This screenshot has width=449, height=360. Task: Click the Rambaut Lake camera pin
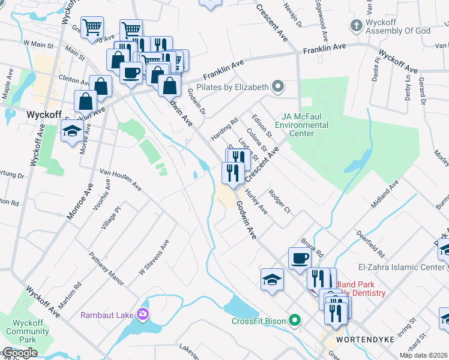143,314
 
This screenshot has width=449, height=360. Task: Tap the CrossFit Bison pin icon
294,320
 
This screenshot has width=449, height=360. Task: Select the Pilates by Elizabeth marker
277,87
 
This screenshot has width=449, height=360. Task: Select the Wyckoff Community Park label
19,331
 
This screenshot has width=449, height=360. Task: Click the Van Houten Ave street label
121,179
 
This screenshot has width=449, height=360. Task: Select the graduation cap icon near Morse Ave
72,131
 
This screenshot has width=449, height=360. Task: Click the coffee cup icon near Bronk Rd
300,259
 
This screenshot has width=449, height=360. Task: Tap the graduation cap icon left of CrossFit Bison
272,279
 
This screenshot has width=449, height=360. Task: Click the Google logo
20,353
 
